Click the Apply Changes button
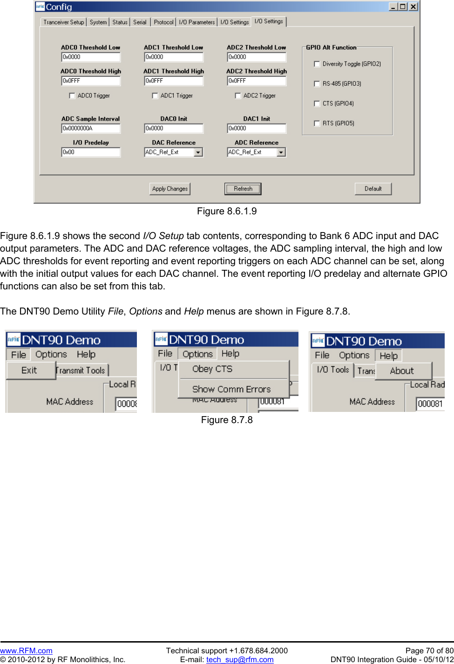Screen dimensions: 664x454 170,189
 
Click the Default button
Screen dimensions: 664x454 373,189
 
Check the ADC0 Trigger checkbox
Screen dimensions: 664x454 72,96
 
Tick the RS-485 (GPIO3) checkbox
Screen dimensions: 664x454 317,84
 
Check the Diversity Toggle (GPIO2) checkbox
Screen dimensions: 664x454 317,64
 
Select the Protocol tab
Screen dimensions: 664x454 163,22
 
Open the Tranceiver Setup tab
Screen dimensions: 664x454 64,22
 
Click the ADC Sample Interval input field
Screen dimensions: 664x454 91,129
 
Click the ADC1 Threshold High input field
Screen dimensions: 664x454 174,81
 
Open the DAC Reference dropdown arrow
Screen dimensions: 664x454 198,152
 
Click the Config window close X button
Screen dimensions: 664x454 413,7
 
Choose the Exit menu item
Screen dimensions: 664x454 29,370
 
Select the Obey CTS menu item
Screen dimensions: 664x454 212,369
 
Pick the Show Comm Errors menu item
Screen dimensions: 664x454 231,389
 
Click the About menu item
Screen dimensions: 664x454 402,371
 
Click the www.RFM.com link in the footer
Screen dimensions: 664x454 26,650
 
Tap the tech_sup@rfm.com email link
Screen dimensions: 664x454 240,659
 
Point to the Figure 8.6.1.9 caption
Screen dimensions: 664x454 227,211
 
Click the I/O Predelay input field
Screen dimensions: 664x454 91,152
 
